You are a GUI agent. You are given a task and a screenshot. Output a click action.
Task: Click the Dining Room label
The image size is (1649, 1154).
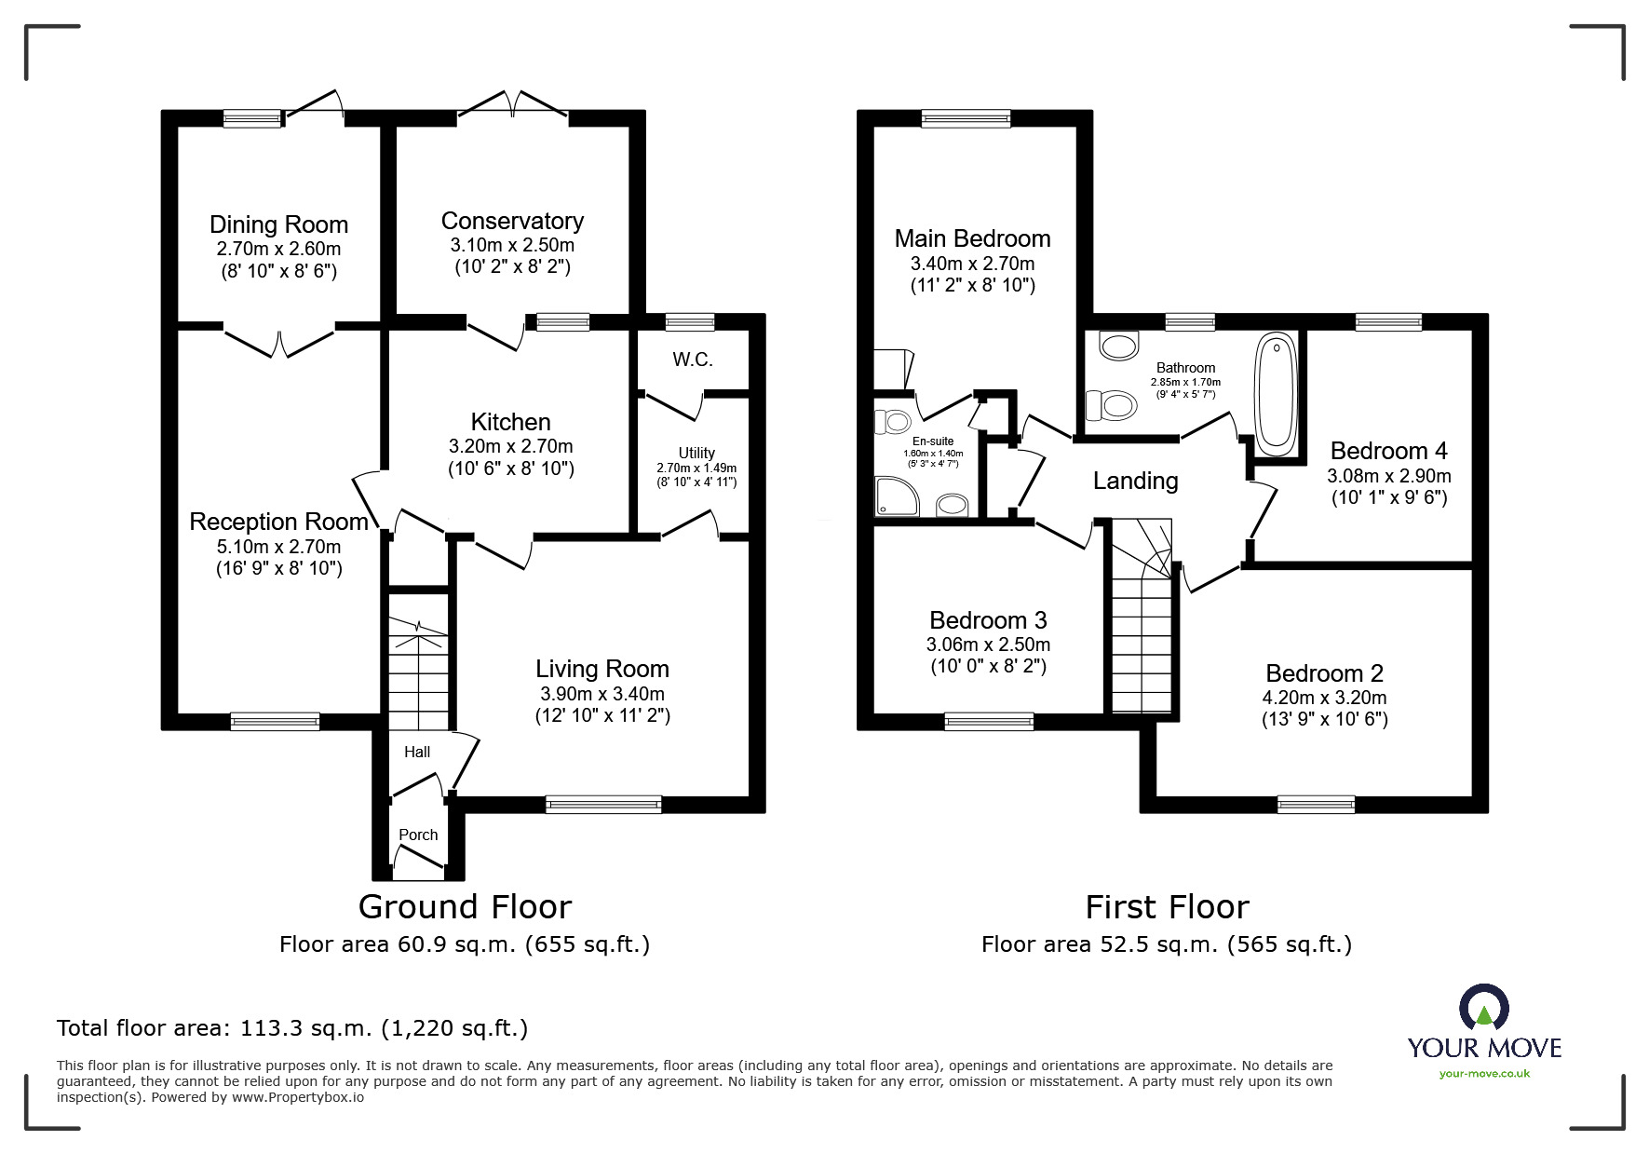coord(278,224)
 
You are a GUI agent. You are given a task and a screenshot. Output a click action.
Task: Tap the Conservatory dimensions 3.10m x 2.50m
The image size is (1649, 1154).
coord(512,246)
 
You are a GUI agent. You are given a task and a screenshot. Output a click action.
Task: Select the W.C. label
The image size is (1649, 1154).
coord(692,360)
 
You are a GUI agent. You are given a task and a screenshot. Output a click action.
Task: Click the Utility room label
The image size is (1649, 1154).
coord(696,453)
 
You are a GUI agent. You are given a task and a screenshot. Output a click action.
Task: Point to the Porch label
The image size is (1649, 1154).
coord(418,835)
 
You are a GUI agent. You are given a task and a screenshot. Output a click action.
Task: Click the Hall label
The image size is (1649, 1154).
coord(417,752)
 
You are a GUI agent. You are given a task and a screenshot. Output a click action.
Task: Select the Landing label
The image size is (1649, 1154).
coord(1135,481)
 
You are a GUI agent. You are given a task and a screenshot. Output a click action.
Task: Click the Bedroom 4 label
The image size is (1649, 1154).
coord(1388,451)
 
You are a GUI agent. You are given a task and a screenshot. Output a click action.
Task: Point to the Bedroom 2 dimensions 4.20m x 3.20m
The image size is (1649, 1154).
coord(1324,698)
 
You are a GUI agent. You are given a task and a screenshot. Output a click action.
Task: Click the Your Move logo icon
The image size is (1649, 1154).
coord(1483,1009)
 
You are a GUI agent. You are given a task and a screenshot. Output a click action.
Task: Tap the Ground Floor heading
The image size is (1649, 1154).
coord(465,906)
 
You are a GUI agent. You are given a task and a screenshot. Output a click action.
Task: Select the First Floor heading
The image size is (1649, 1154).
coord(1167,906)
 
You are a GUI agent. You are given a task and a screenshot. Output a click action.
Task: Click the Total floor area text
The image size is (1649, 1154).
coord(292,1028)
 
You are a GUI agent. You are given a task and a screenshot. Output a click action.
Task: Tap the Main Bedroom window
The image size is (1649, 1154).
coord(966,119)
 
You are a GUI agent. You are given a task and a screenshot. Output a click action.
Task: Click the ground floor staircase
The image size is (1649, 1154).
coord(418,671)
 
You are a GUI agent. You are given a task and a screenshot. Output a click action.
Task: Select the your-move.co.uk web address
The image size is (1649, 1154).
coord(1484,1074)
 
